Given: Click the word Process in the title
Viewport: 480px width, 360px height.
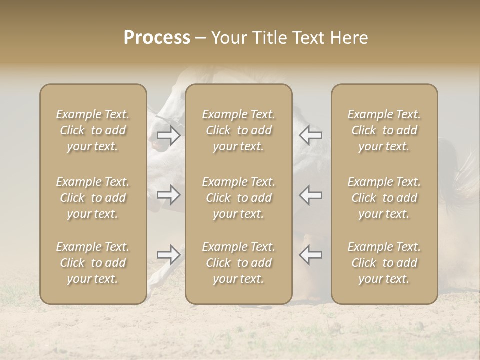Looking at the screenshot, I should (157, 38).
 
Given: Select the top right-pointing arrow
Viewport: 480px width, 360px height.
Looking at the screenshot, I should (169, 135).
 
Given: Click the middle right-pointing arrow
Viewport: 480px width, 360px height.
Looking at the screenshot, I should (169, 195).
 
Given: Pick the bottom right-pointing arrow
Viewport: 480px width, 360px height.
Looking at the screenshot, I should (169, 255).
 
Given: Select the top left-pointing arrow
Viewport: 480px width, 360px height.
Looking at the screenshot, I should (311, 135).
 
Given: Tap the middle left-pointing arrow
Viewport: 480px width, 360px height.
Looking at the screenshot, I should (311, 195).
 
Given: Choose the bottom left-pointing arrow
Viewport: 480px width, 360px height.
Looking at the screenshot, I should (311, 255).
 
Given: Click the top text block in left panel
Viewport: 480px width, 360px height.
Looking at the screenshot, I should (93, 130).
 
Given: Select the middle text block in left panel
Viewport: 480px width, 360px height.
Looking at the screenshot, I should (93, 198).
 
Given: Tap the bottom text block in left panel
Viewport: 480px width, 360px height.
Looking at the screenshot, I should (93, 263).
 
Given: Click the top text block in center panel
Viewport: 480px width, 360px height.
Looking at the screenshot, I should (238, 130).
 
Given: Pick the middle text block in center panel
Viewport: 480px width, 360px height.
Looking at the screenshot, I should (238, 198).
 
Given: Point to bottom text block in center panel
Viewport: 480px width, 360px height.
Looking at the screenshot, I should (238, 263).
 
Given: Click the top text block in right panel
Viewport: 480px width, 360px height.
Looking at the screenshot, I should (384, 130).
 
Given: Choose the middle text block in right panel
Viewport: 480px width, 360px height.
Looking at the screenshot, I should (384, 198).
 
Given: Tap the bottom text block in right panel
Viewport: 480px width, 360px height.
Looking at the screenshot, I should (384, 263).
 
